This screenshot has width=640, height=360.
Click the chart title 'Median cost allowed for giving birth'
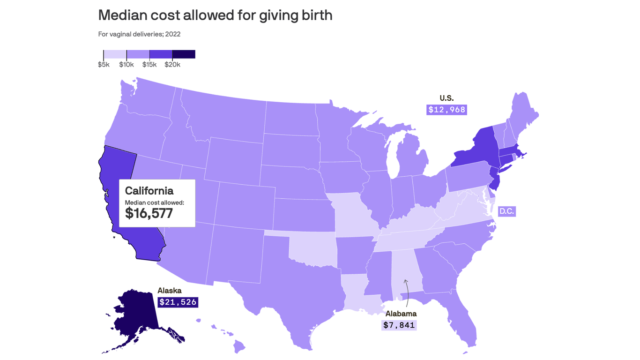[x=215, y=15]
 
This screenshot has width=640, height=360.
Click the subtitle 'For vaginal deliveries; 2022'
[x=139, y=34]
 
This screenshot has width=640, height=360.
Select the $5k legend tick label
[x=104, y=65]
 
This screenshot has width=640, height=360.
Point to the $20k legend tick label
[x=172, y=65]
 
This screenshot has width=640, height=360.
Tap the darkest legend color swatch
[x=184, y=54]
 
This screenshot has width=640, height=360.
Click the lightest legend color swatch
[x=115, y=54]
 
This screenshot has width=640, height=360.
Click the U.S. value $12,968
[x=447, y=110]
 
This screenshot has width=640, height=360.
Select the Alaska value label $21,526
[x=178, y=302]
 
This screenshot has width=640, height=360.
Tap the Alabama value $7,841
[x=399, y=325]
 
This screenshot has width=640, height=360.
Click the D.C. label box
[x=506, y=211]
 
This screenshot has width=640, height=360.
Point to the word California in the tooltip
[x=149, y=191]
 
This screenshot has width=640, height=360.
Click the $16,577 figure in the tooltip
[x=149, y=213]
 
